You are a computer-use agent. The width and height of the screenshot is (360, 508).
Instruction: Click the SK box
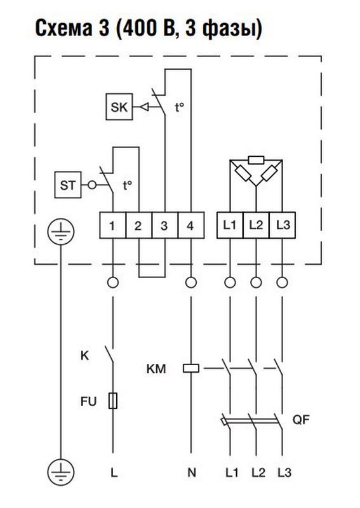[x=119, y=107]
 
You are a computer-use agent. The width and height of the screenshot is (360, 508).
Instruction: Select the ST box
[x=68, y=185]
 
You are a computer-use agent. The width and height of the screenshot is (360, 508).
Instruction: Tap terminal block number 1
[x=112, y=225]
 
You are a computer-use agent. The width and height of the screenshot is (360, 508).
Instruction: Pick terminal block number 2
[x=138, y=225]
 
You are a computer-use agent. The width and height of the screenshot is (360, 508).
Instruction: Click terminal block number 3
[x=164, y=225]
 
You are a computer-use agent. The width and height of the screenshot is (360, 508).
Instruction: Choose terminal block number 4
[x=191, y=225]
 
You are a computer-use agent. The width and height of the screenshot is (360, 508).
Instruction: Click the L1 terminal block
[x=230, y=225]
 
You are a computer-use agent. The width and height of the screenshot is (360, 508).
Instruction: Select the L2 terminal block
[x=256, y=225]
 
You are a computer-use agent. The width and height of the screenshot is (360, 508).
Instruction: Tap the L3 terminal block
[x=283, y=225]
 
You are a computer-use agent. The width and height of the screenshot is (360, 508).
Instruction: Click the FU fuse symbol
[x=113, y=401]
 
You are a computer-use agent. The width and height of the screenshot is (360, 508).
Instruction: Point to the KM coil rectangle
[x=191, y=368]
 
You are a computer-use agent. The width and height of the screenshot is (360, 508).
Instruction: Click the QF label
[x=301, y=420]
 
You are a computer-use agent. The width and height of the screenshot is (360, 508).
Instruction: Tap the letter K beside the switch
[x=84, y=356]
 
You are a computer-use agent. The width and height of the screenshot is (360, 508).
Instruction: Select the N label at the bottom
[x=192, y=472]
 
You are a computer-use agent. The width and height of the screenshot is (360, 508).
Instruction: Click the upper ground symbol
[x=61, y=232]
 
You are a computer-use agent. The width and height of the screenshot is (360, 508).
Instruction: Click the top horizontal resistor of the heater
[x=256, y=160]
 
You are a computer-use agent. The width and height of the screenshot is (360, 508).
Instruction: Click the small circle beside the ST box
[x=92, y=185]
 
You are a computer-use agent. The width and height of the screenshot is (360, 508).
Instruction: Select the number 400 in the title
[x=140, y=29]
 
